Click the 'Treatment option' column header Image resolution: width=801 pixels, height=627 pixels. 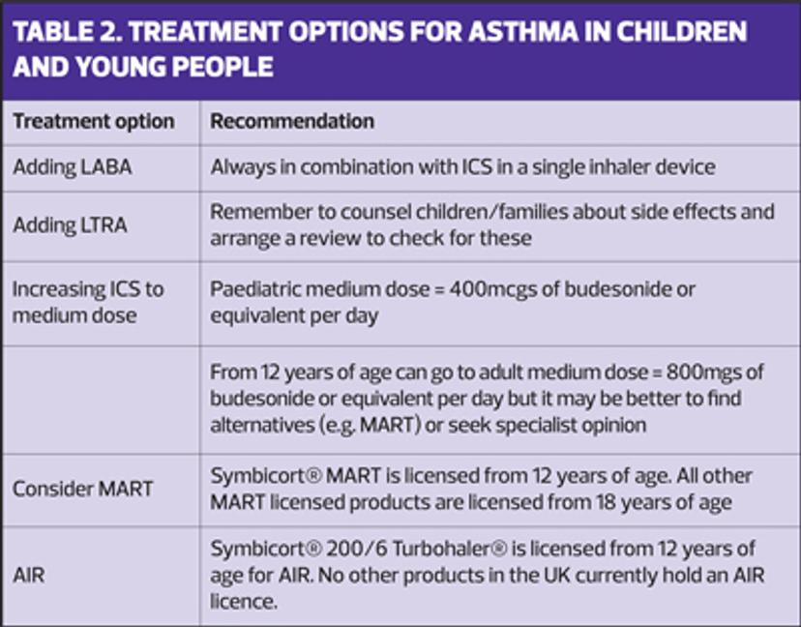click(x=94, y=122)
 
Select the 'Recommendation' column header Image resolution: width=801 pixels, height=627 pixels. click(x=292, y=121)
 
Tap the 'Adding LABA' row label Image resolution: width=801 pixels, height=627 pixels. click(x=72, y=167)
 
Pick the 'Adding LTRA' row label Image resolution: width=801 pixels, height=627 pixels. click(x=70, y=224)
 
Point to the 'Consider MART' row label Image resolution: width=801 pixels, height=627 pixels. click(x=83, y=489)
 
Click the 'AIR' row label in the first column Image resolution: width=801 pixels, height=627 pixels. click(x=29, y=576)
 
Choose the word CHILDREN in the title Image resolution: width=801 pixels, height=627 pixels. click(x=682, y=32)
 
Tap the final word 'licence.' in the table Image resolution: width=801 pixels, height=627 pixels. click(x=244, y=602)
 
